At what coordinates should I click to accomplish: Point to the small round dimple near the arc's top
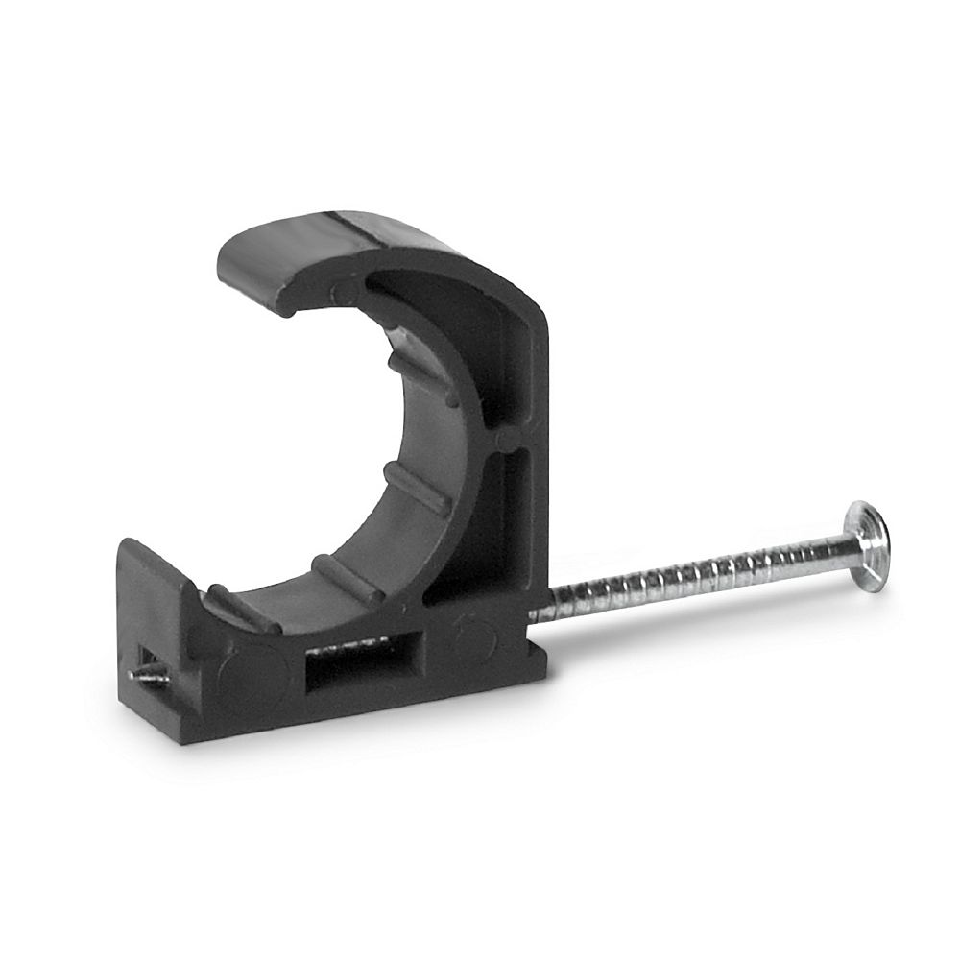(335, 291)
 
